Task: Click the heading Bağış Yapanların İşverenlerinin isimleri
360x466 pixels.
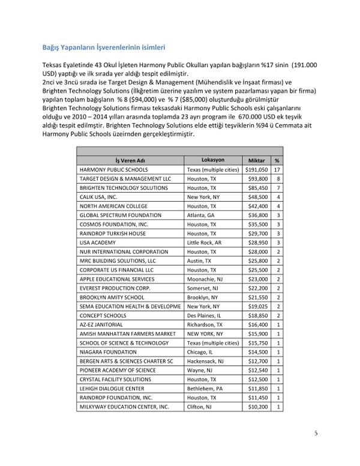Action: pos(104,46)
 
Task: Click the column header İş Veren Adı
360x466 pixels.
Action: pos(129,161)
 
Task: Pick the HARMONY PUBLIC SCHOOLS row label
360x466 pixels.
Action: pos(113,170)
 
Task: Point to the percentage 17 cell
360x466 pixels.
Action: pos(278,170)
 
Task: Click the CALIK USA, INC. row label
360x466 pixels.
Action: pos(98,196)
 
